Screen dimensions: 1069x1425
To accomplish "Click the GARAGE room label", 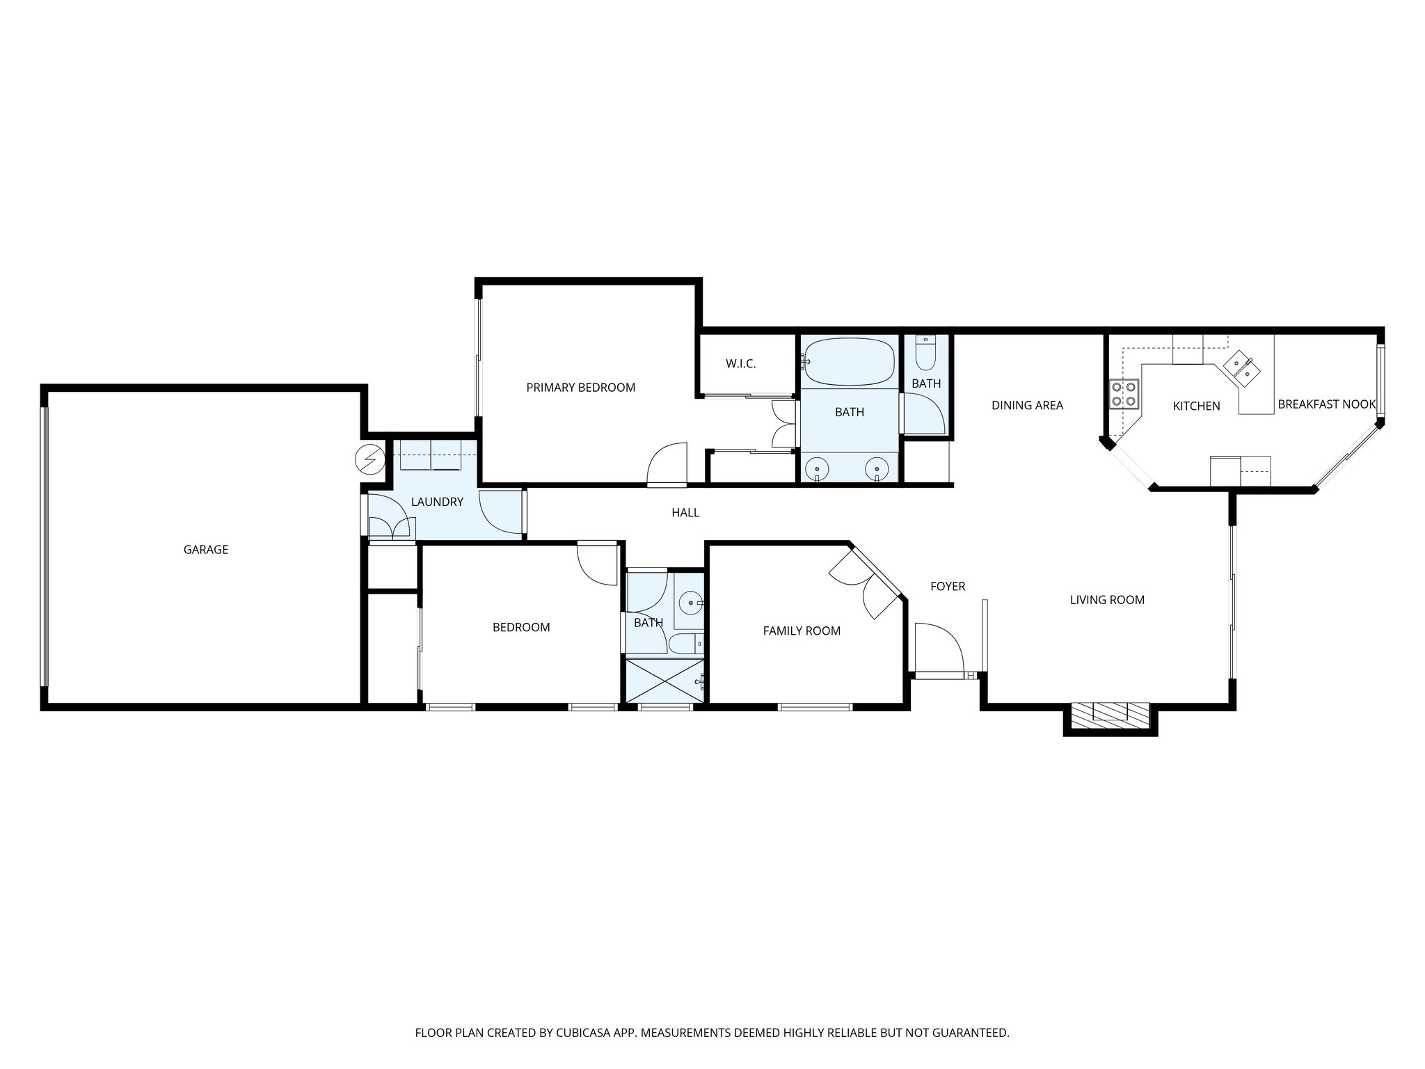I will (x=205, y=550).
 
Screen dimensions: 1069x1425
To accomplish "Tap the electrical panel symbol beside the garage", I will (x=369, y=459).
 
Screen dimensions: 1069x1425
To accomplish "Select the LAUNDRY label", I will (x=437, y=502).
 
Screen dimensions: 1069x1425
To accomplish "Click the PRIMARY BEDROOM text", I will (x=580, y=388).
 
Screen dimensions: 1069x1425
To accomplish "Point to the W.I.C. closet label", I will (x=740, y=364).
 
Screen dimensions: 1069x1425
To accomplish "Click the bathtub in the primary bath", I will (x=849, y=362).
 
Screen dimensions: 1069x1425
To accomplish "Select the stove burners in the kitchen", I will (x=1124, y=393).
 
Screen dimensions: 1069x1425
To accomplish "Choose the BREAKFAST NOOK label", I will (x=1326, y=404).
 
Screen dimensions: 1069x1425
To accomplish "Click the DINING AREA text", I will (x=1027, y=405).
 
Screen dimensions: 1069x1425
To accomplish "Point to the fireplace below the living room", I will (x=1110, y=713).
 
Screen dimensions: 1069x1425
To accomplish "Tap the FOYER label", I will (x=948, y=587).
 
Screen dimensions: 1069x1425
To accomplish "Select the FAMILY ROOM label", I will (x=802, y=631).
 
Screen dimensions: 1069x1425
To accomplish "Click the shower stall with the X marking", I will (x=664, y=682).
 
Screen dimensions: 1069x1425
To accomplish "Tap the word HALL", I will (x=685, y=513).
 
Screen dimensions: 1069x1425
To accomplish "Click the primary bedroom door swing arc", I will (x=667, y=463).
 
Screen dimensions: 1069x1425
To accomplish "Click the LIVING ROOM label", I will (x=1107, y=600).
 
